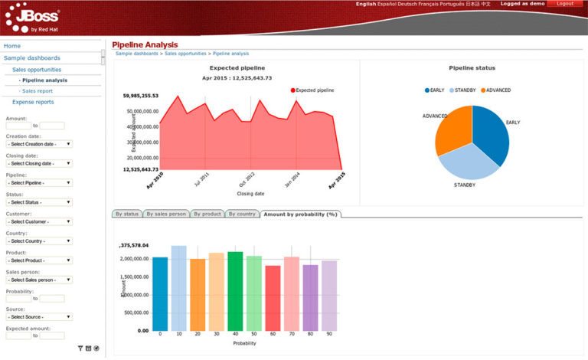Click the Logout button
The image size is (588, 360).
(565, 4)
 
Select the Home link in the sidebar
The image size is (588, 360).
(12, 46)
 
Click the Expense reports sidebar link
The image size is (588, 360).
(33, 102)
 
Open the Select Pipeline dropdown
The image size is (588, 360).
(39, 182)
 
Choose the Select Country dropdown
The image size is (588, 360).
(39, 241)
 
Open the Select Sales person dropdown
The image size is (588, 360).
(39, 280)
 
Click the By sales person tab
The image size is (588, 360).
(166, 214)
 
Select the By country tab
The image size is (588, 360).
(242, 214)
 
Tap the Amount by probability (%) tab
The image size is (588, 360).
(300, 214)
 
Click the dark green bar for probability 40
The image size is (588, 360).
(235, 291)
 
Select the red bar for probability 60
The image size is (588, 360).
(273, 298)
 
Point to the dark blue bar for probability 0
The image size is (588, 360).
(160, 293)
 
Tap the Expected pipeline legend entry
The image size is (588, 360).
(313, 90)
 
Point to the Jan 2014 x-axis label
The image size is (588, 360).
(292, 180)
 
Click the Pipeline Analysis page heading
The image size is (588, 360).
(145, 44)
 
